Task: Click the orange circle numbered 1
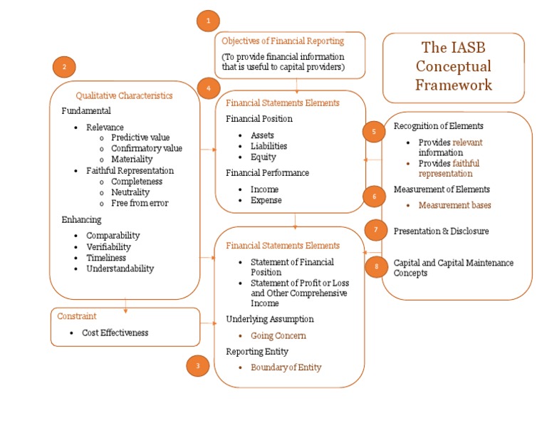point(208,21)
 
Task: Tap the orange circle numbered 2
point(64,67)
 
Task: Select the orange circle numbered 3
point(198,366)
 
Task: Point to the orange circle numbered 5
point(373,131)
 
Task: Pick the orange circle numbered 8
point(376,266)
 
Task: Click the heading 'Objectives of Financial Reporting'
point(283,41)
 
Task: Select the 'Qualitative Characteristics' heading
point(124,95)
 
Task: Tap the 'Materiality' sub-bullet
point(132,160)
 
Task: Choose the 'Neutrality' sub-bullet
point(130,192)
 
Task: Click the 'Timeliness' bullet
point(106,258)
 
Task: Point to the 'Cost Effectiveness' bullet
point(115,333)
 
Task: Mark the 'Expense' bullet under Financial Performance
point(266,200)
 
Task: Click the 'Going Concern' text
point(278,335)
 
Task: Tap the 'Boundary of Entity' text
point(286,367)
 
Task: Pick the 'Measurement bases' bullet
point(454,205)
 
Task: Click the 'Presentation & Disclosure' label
point(441,231)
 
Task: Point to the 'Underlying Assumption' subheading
point(269,319)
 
